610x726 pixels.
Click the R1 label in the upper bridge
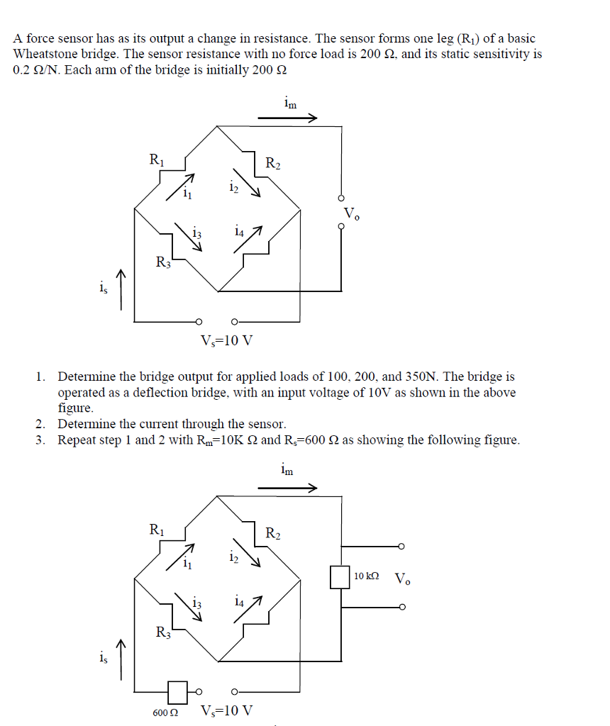(156, 160)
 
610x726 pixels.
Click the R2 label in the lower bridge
(273, 533)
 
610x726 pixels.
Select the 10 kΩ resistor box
(340, 576)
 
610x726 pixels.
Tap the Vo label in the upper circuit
(352, 213)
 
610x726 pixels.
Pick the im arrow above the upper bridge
(287, 119)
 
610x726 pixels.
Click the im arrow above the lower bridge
(287, 488)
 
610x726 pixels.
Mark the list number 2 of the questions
(41, 424)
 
